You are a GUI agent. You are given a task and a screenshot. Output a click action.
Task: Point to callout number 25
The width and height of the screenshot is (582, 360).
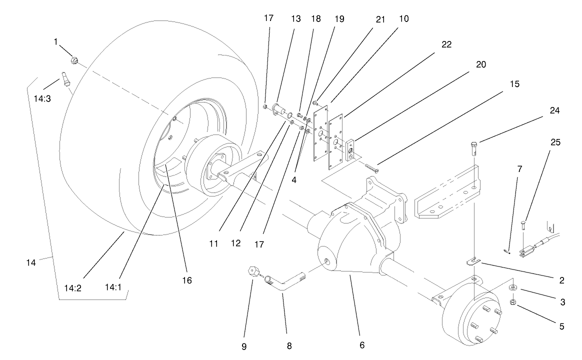[555, 142]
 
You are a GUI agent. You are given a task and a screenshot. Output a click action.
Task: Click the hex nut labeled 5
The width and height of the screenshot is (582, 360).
[512, 302]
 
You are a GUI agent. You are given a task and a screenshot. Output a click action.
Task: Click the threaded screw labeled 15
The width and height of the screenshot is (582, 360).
[372, 167]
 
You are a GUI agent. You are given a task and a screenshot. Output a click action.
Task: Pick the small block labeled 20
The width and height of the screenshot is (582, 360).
[350, 149]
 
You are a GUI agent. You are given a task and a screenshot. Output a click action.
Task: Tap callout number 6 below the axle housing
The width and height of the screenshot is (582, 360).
[362, 344]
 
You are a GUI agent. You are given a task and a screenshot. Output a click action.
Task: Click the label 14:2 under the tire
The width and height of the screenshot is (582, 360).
[71, 288]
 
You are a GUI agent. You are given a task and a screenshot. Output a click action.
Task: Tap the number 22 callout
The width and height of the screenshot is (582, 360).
[446, 44]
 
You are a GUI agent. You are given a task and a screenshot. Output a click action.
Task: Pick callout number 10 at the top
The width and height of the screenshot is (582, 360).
[404, 19]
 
